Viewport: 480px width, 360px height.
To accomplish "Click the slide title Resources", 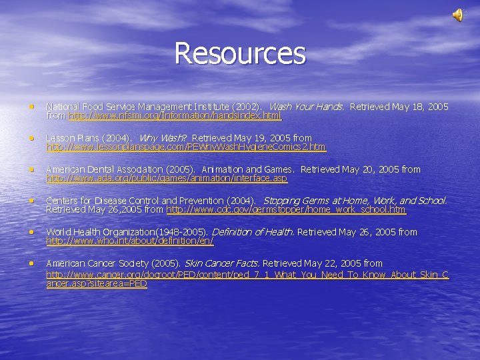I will click(x=240, y=54).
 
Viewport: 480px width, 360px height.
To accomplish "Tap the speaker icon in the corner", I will click(x=459, y=15).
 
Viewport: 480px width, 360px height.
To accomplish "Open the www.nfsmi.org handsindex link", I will click(x=175, y=116).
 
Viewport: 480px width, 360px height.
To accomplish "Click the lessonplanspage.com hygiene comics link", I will click(x=187, y=147).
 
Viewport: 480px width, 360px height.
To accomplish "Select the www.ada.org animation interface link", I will click(x=167, y=179).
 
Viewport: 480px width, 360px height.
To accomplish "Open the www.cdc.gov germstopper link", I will click(x=285, y=210).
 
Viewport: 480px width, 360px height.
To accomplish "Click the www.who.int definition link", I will click(x=130, y=241).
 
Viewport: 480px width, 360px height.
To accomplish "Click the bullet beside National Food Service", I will click(x=31, y=106).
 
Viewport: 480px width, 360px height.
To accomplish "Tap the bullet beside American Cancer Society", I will click(x=31, y=263).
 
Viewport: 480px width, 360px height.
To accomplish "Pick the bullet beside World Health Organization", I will click(x=31, y=231).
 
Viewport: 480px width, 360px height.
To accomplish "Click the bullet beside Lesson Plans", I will click(x=31, y=137).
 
